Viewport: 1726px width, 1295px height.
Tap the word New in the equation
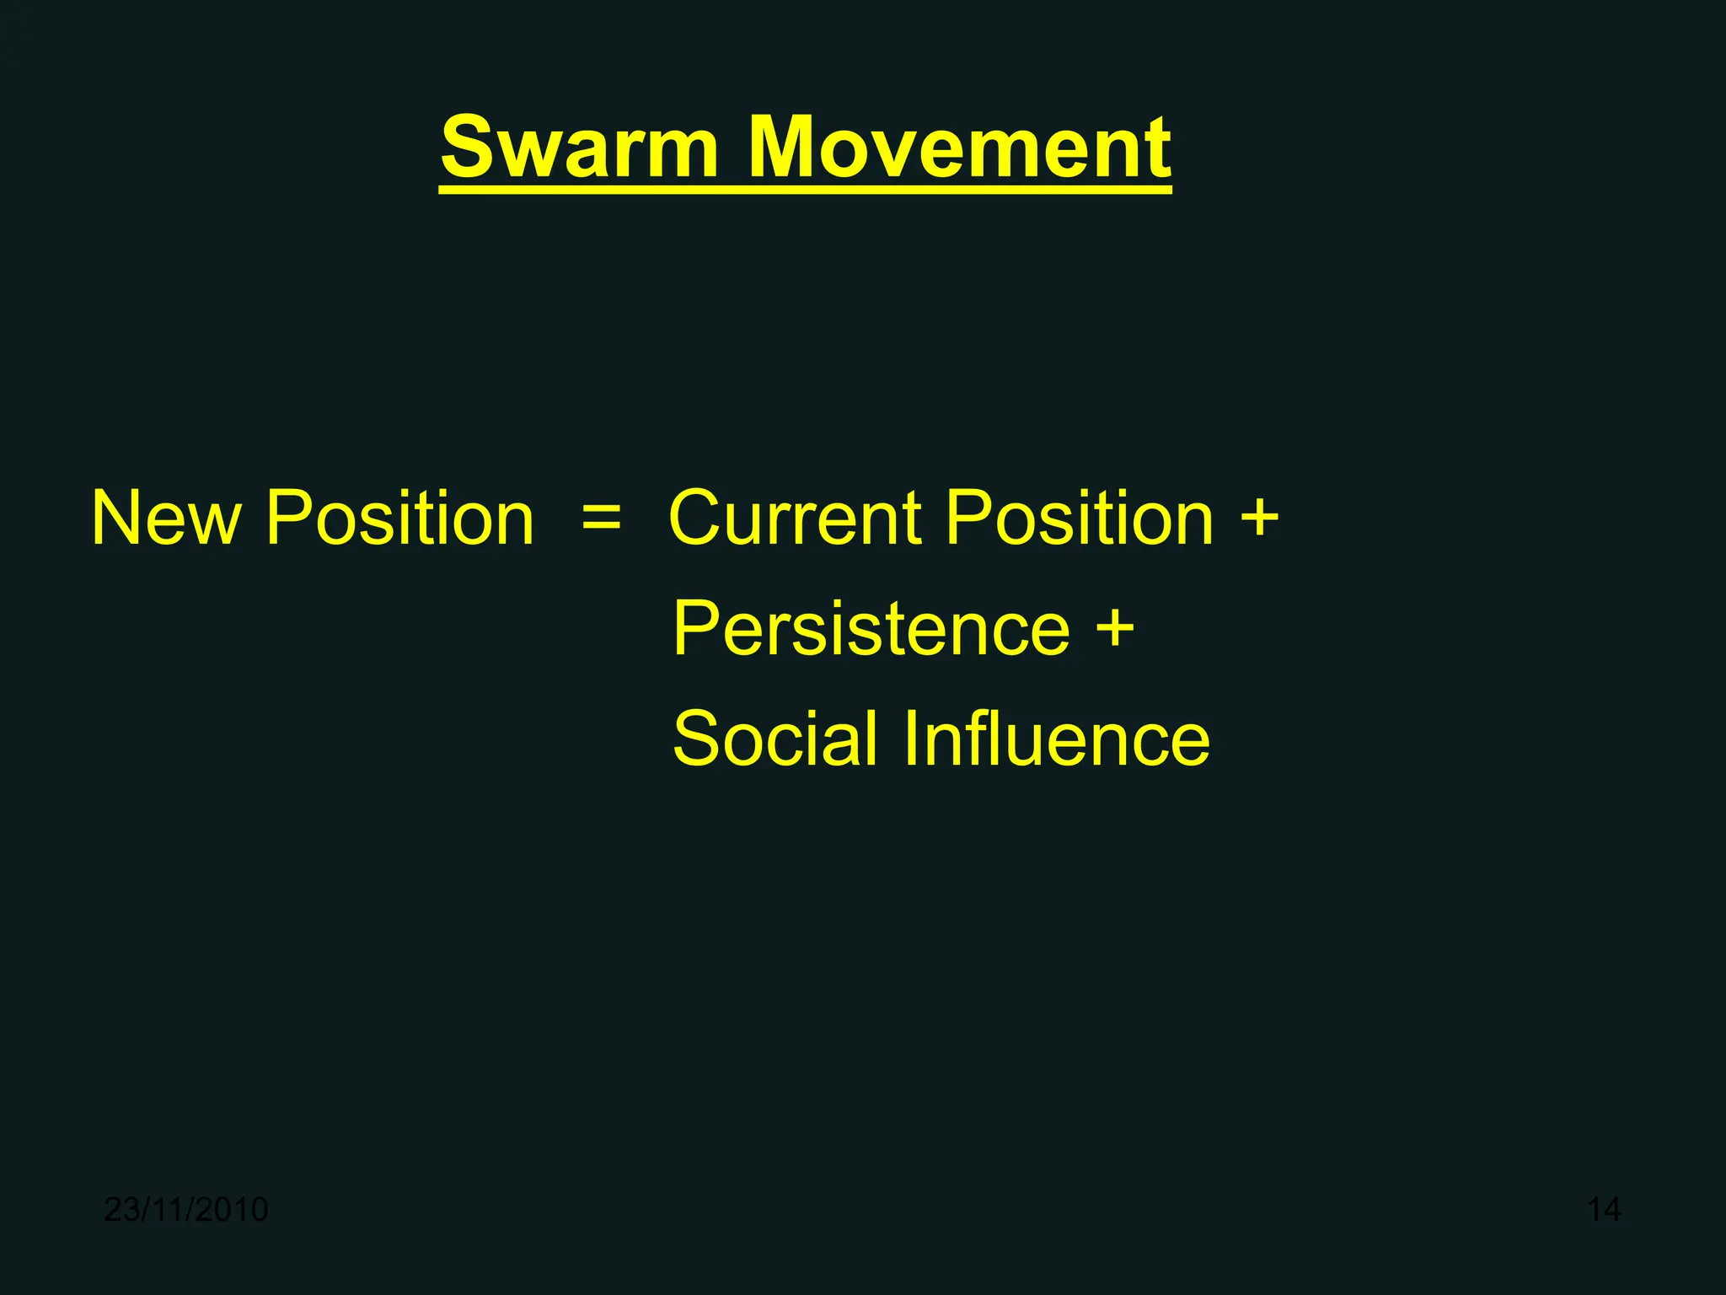pyautogui.click(x=166, y=519)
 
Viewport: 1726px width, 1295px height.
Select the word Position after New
pyautogui.click(x=399, y=519)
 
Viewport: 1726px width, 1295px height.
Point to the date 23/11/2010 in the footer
pyautogui.click(x=185, y=1210)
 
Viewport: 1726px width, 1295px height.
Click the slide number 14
pyautogui.click(x=1603, y=1210)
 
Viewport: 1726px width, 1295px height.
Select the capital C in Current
pyautogui.click(x=698, y=519)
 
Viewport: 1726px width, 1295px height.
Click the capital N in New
pyautogui.click(x=115, y=519)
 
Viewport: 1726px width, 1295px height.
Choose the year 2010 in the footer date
pyautogui.click(x=234, y=1210)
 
